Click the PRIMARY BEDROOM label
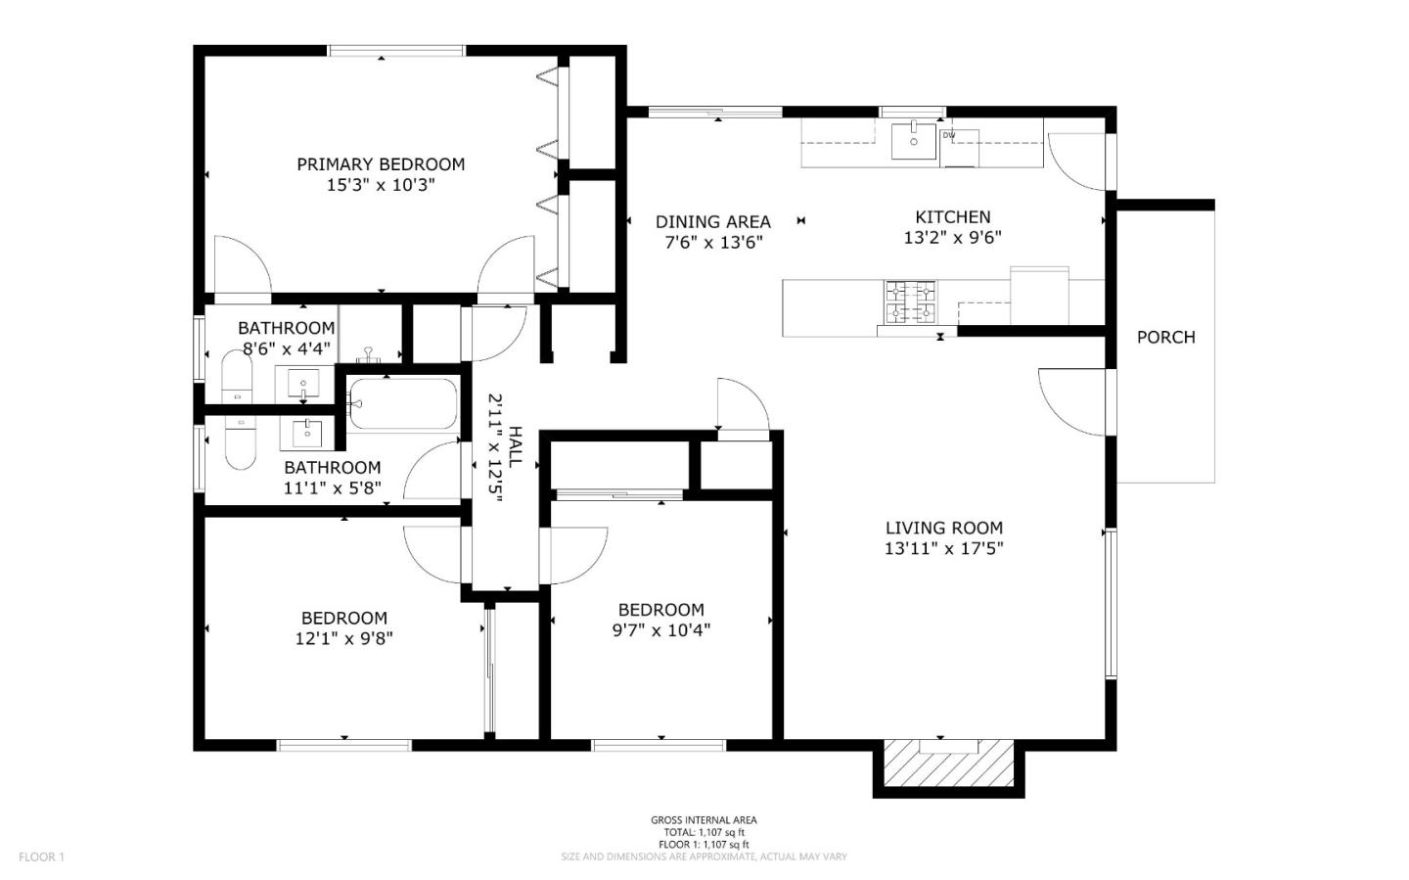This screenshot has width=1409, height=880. [381, 164]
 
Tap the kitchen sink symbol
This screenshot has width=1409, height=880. [914, 140]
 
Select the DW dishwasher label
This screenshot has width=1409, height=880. [949, 135]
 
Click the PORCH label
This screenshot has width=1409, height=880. [1165, 338]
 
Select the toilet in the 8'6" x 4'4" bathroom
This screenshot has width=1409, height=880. [237, 377]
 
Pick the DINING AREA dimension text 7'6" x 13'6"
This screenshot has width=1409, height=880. [713, 243]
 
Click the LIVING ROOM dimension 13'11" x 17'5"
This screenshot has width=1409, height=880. [943, 549]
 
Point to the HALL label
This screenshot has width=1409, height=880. [516, 446]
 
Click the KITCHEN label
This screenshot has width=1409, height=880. [952, 217]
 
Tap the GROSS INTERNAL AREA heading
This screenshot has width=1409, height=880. [704, 820]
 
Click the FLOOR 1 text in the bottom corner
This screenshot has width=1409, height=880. [41, 857]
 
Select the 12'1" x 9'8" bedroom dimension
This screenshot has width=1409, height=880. [344, 638]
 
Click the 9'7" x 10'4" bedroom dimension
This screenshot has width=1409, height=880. [661, 630]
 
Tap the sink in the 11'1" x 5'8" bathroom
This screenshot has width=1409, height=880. [307, 431]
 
